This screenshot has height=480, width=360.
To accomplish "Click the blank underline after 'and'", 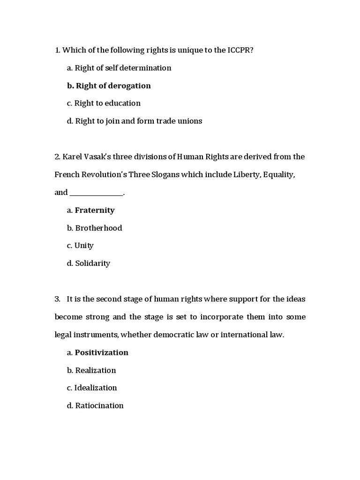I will [x=97, y=193].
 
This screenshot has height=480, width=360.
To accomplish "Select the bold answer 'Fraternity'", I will [x=95, y=210].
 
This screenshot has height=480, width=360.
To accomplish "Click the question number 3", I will [x=58, y=299].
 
